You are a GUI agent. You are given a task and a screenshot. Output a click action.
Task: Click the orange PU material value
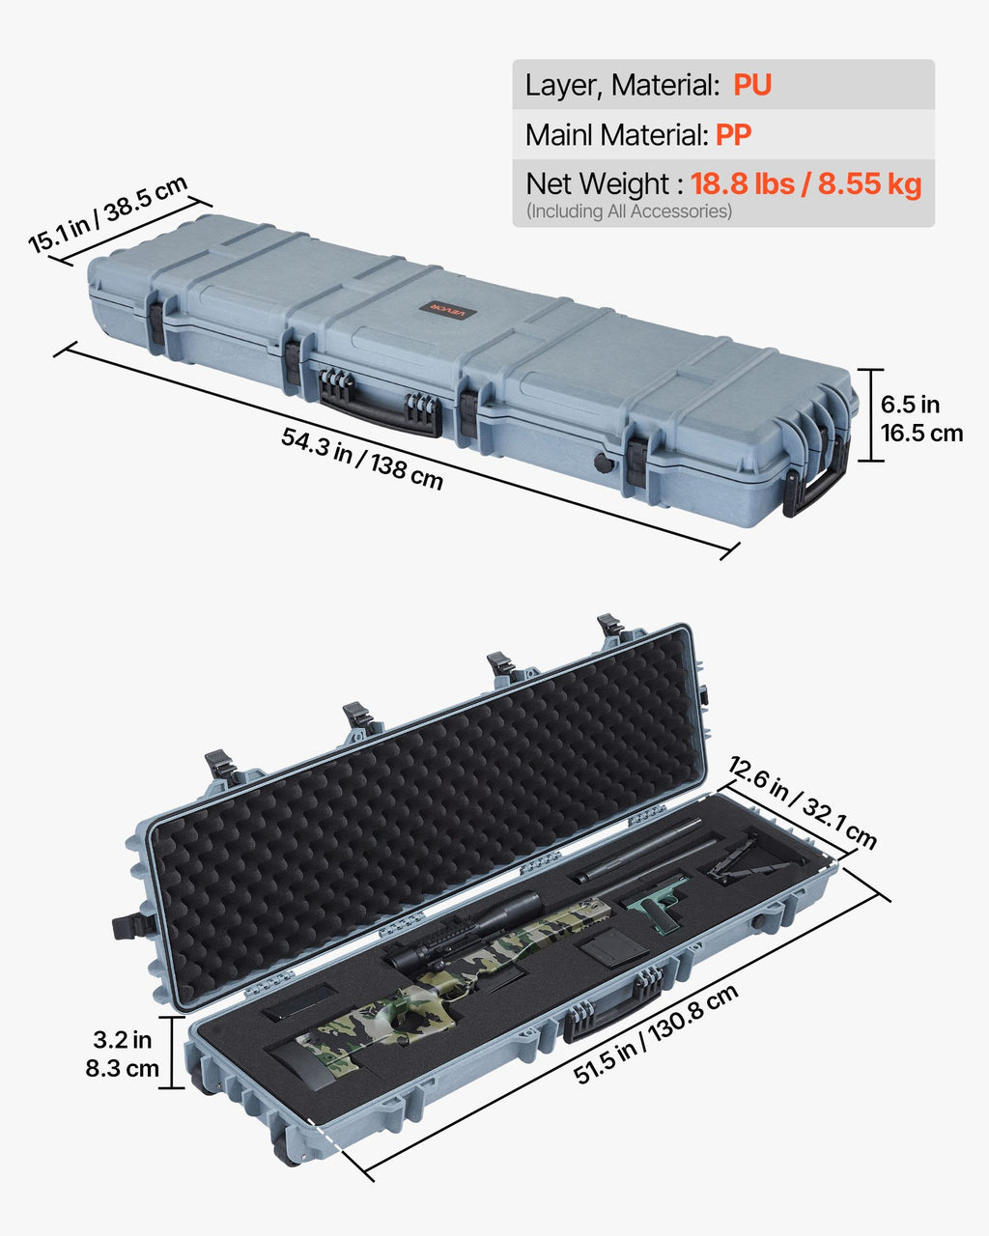pyautogui.click(x=751, y=85)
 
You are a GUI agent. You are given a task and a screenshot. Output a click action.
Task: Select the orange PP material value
pyautogui.click(x=733, y=135)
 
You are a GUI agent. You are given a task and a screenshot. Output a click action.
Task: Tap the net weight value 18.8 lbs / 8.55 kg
pyautogui.click(x=805, y=183)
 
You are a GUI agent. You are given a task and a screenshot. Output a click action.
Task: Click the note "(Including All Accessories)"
pyautogui.click(x=629, y=211)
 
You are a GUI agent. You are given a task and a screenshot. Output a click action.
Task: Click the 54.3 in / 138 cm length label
pyautogui.click(x=362, y=458)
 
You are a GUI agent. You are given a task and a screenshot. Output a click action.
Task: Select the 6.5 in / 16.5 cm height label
pyautogui.click(x=921, y=418)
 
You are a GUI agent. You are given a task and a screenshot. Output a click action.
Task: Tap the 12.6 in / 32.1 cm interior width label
pyautogui.click(x=803, y=802)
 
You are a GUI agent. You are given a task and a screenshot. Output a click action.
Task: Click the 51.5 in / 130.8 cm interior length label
pyautogui.click(x=656, y=1032)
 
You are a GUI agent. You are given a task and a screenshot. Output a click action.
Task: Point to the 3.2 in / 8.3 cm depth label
pyautogui.click(x=123, y=1053)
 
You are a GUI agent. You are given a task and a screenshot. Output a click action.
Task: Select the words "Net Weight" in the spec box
pyautogui.click(x=597, y=183)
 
